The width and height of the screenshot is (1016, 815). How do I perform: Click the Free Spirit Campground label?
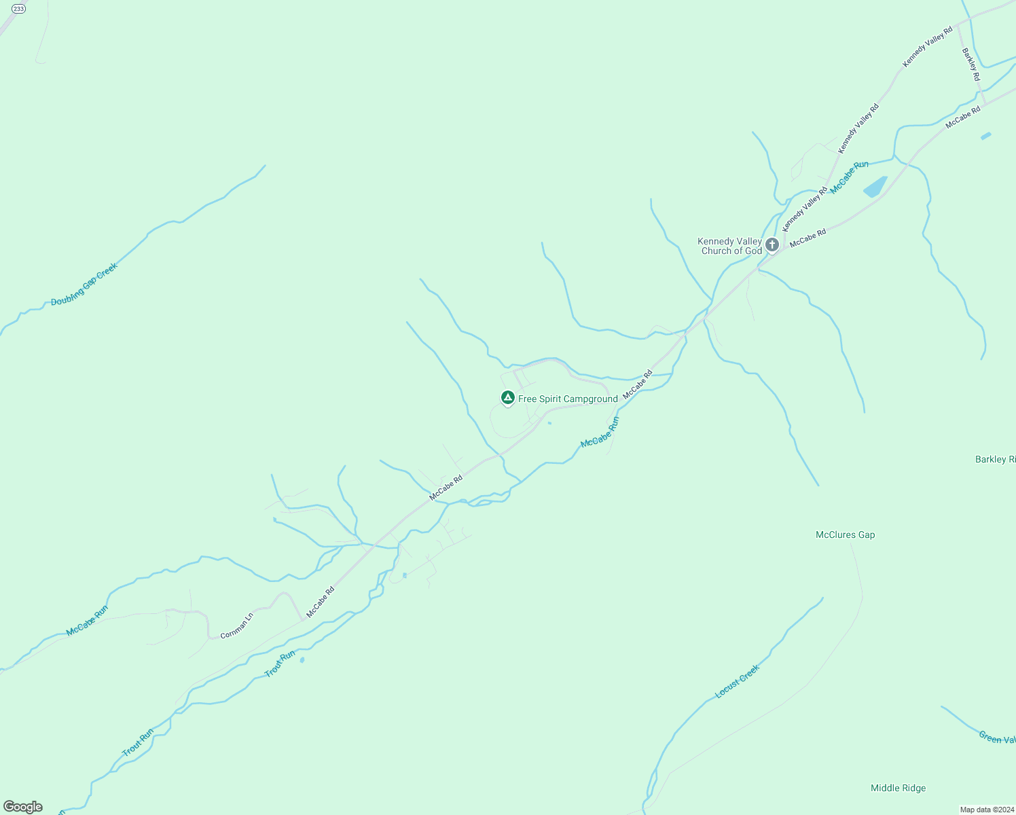point(568,399)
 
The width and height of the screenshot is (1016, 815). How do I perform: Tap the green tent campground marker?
point(507,397)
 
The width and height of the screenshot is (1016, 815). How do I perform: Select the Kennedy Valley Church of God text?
point(731,246)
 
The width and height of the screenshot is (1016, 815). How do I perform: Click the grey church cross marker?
point(772,244)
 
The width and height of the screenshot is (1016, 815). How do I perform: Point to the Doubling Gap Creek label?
point(84,284)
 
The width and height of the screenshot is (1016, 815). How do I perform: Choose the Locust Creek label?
point(737,682)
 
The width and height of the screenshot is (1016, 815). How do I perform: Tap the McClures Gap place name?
point(845,535)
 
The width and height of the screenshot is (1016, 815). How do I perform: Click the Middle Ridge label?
point(898,788)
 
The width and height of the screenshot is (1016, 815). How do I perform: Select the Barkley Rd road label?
point(970,65)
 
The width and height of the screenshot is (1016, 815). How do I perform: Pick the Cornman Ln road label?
point(236,626)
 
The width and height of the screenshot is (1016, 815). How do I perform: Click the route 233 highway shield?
point(19,9)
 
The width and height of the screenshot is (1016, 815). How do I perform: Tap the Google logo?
point(23,806)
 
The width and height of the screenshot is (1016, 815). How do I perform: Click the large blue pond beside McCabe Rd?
point(875,187)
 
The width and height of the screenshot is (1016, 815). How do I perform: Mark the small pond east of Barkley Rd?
point(985,136)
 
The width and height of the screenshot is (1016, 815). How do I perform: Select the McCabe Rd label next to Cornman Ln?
point(321,602)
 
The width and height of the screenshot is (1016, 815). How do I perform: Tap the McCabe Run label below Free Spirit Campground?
point(600,433)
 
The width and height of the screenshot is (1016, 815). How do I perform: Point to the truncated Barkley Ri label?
point(995,459)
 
